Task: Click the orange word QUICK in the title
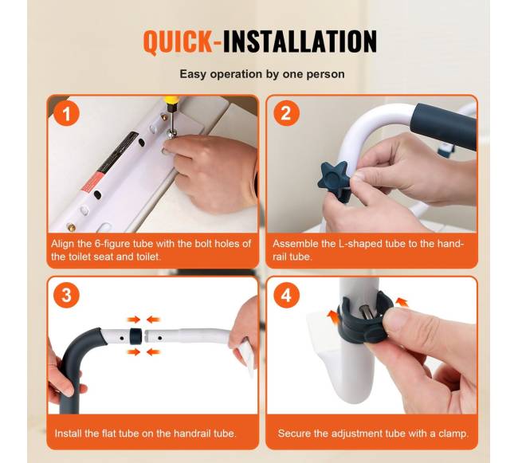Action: point(179,41)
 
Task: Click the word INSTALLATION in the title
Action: point(300,41)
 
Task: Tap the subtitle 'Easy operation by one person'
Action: point(262,74)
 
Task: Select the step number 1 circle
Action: point(66,114)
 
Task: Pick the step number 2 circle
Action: point(286,114)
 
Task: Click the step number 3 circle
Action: point(66,295)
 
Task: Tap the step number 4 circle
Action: point(286,295)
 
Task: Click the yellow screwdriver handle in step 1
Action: point(171,100)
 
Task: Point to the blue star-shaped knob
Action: point(334,180)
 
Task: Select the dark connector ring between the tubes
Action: point(135,335)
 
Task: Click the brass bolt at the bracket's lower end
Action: point(71,227)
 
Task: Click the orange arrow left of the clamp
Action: point(332,317)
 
